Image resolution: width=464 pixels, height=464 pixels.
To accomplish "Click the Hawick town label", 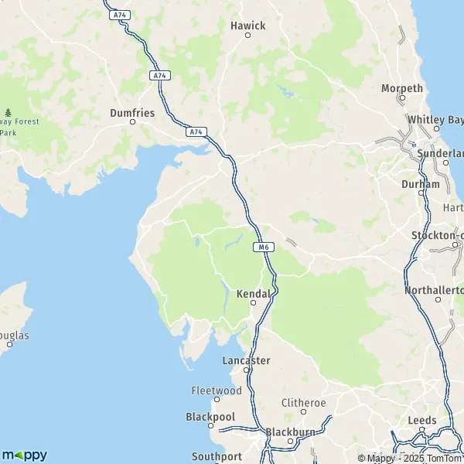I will pyautogui.click(x=247, y=26).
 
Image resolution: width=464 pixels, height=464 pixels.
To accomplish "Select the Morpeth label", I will pyautogui.click(x=402, y=88).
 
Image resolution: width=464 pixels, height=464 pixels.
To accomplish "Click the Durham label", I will pyautogui.click(x=421, y=184).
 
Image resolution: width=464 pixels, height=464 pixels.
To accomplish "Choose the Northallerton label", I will pyautogui.click(x=434, y=290).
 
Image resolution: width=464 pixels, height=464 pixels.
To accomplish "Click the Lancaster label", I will pyautogui.click(x=246, y=360).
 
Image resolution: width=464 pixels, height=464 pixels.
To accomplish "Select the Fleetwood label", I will pyautogui.click(x=217, y=391).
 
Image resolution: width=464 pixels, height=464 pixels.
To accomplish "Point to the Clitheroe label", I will pyautogui.click(x=304, y=403).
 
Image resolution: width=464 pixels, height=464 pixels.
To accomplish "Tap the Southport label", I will pyautogui.click(x=217, y=456).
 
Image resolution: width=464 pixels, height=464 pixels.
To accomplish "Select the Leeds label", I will pyautogui.click(x=422, y=421).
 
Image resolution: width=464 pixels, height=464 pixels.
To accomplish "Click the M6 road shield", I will pyautogui.click(x=264, y=247).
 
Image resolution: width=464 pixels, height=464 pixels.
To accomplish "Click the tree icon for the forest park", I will pyautogui.click(x=8, y=113).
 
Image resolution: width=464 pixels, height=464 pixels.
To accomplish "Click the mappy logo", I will pyautogui.click(x=25, y=455).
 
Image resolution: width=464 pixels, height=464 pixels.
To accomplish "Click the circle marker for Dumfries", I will pyautogui.click(x=132, y=121).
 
